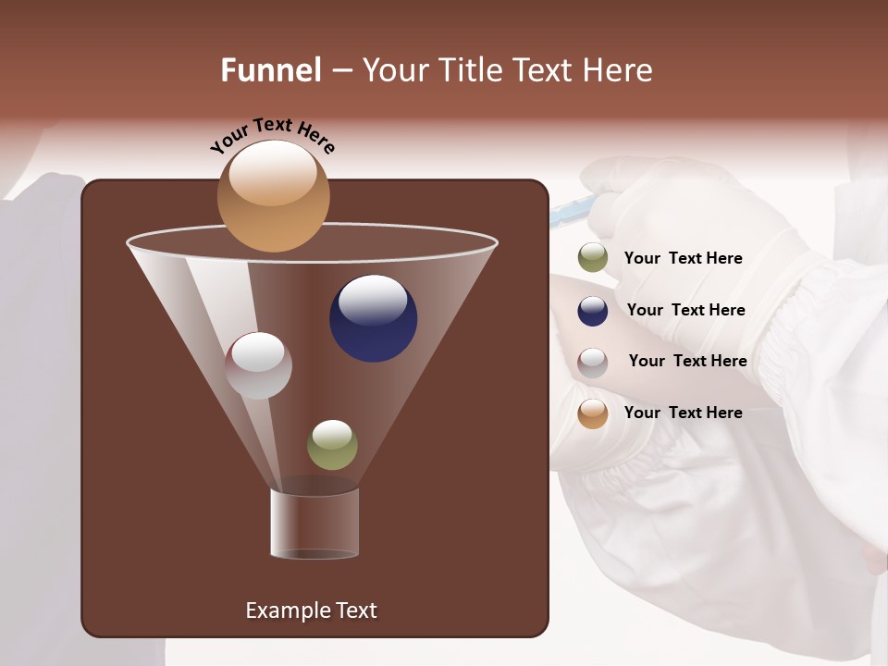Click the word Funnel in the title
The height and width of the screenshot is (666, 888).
[x=271, y=70]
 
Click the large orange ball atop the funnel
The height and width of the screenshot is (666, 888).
[x=274, y=196]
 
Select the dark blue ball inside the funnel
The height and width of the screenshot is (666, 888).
[x=373, y=318]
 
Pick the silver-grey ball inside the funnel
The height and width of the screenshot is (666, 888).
[x=258, y=365]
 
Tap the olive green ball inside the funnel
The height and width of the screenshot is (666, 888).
[x=332, y=445]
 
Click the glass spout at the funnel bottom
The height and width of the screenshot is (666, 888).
[x=314, y=524]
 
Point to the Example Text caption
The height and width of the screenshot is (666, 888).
[x=311, y=610]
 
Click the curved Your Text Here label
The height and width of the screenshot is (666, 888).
[x=272, y=135]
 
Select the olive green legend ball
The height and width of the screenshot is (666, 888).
[x=593, y=258]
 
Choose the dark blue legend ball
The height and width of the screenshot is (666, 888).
[x=593, y=311]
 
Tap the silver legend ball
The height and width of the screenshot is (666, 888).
[x=593, y=363]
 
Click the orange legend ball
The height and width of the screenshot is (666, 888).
[x=593, y=413]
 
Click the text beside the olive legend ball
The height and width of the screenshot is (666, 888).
[x=683, y=259]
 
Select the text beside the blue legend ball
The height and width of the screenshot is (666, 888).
[x=685, y=311]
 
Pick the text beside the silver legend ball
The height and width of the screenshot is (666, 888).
[x=687, y=362]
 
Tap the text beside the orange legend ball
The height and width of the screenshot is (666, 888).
[x=683, y=413]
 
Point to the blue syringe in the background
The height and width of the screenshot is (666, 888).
[x=566, y=215]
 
